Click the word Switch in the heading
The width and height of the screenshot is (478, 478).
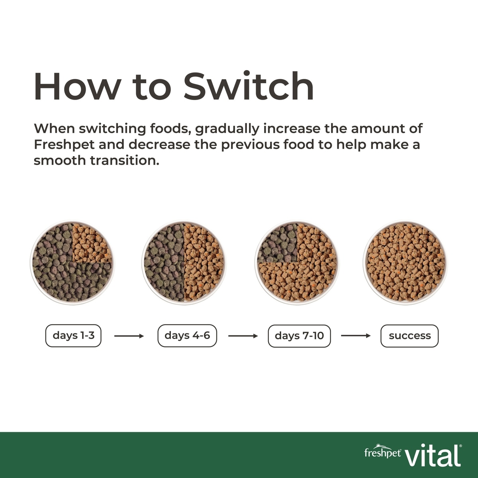249,86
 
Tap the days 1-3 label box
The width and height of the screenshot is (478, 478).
73,336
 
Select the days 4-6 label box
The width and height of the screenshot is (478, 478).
187,336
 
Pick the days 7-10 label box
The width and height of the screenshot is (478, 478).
300,336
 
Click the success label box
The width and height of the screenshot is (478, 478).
409,336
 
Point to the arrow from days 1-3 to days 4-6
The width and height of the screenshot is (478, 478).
129,336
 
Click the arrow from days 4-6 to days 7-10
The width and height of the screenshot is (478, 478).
243,336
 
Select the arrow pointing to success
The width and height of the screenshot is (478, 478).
356,336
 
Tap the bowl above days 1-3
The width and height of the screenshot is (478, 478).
72,262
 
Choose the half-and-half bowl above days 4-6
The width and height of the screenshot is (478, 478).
184,262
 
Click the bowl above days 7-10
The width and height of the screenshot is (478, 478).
297,262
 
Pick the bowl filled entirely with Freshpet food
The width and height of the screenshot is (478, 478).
406,262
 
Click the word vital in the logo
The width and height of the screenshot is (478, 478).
433,453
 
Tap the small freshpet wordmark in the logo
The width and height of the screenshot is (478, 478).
382,452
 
